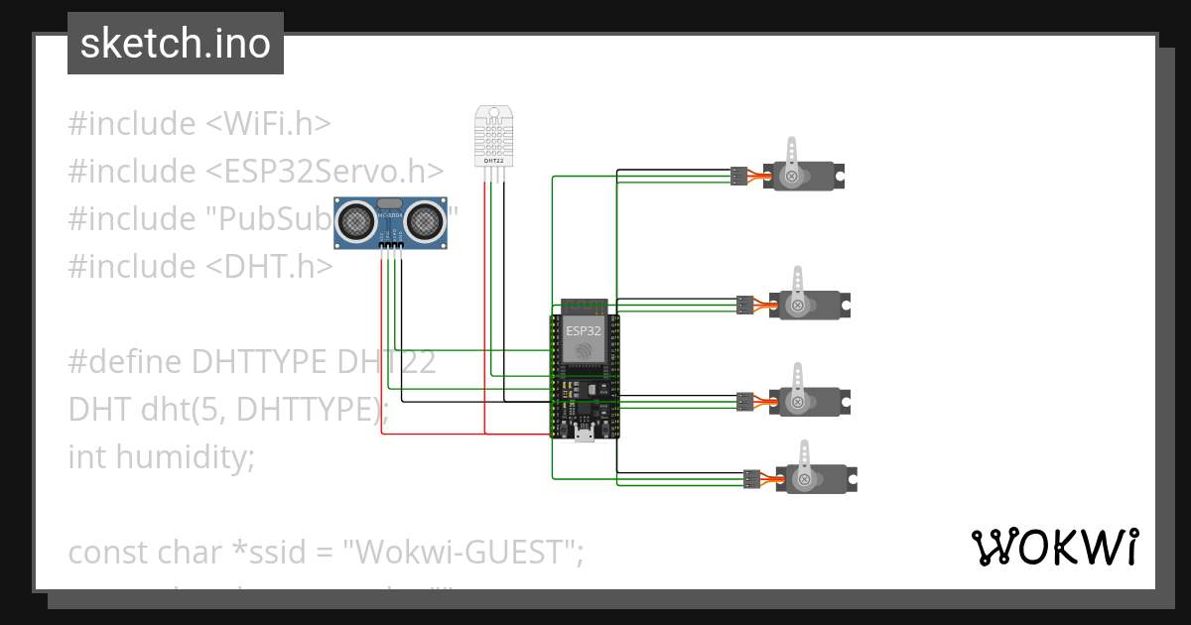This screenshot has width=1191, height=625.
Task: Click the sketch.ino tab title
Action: [175, 44]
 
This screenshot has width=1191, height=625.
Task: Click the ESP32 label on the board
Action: [584, 330]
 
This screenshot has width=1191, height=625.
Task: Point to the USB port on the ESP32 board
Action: [585, 435]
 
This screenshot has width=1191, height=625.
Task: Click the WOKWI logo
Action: [1054, 547]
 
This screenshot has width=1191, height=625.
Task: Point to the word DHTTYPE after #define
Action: [259, 362]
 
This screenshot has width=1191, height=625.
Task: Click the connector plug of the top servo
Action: [737, 177]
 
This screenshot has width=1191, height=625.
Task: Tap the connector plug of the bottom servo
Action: [751, 479]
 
